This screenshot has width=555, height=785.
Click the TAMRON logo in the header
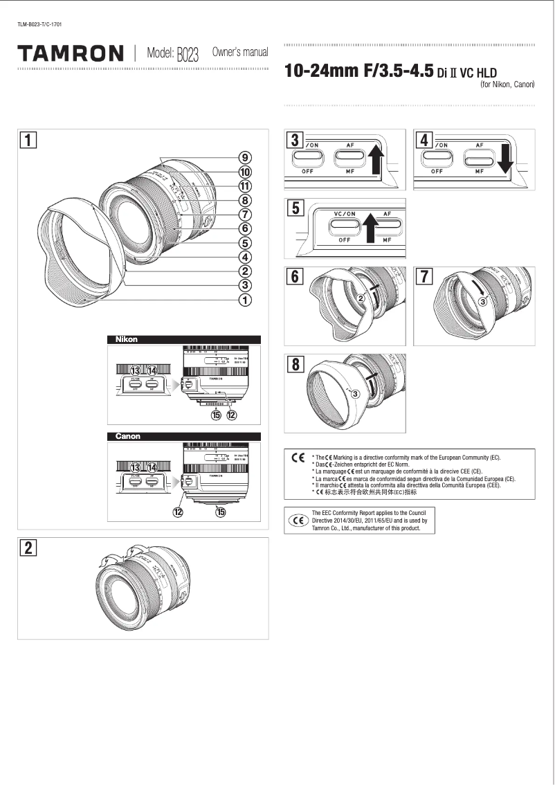point(71,53)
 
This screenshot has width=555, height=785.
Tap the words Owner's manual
point(239,53)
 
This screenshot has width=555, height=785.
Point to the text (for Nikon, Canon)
point(507,84)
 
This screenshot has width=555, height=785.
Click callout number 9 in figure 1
point(245,157)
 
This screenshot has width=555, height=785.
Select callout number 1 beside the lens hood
point(245,300)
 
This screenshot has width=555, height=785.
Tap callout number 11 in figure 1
point(245,186)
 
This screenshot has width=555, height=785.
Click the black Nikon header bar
point(183,339)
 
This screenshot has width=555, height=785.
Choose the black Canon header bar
point(183,436)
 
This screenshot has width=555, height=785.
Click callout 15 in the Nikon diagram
point(217,415)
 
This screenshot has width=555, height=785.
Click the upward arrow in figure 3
point(375,159)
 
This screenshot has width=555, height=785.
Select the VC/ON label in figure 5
point(345,215)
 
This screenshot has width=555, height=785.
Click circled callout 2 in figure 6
point(361,298)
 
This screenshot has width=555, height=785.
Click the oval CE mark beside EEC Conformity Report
point(298,521)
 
